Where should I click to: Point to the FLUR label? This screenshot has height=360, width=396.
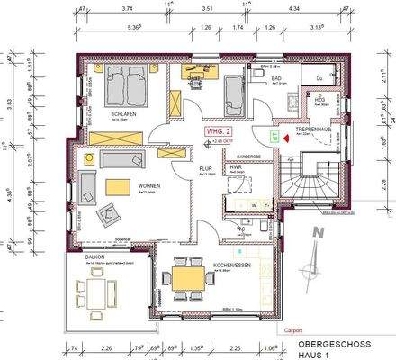pyautogui.click(x=205, y=168)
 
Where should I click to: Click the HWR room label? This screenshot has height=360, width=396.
pyautogui.click(x=235, y=167)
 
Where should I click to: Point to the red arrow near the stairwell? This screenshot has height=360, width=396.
pyautogui.click(x=286, y=139)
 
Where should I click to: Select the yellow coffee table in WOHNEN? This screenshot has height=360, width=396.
pyautogui.click(x=118, y=186)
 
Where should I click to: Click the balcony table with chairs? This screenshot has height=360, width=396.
pyautogui.click(x=96, y=292)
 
